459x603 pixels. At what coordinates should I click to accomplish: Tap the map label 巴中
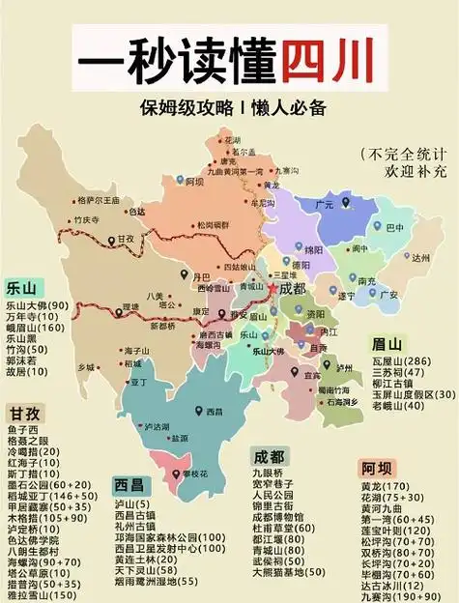pyautogui.click(x=394, y=228)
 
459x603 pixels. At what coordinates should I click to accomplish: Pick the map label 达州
pyautogui.click(x=418, y=258)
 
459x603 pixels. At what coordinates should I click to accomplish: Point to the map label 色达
pyautogui.click(x=137, y=212)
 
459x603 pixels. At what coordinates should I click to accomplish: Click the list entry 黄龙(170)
pyautogui.click(x=385, y=486)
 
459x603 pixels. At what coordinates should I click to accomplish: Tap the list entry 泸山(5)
pyautogui.click(x=130, y=504)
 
